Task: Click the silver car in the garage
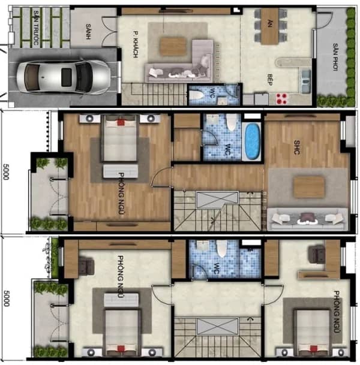click(63, 77)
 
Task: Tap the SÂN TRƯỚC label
click(36, 28)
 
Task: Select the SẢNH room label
click(88, 31)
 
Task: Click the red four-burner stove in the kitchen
click(281, 98)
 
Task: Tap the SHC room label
click(296, 147)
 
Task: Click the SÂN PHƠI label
click(335, 57)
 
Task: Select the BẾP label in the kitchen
click(270, 80)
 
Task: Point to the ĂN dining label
click(270, 23)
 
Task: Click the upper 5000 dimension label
click(6, 172)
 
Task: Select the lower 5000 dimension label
click(6, 298)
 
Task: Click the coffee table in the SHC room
click(309, 187)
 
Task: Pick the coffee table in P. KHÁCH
click(173, 47)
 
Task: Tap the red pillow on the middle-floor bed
click(121, 122)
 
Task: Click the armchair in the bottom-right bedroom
click(317, 255)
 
